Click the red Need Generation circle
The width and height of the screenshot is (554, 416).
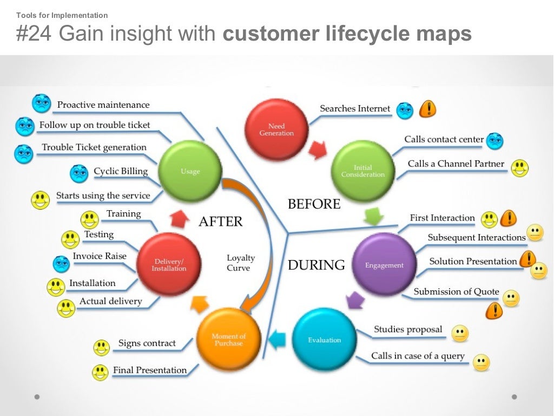(x=276, y=130)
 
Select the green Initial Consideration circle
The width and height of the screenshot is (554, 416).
(x=363, y=171)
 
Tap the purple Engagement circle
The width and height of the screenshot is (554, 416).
(x=384, y=265)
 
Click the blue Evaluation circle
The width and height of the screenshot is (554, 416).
(x=325, y=340)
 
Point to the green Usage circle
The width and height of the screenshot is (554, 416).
(x=190, y=171)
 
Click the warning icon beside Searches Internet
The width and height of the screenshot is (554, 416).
(x=428, y=109)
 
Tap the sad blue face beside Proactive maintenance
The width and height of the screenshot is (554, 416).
(x=41, y=103)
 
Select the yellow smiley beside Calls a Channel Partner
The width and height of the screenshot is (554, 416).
(x=519, y=168)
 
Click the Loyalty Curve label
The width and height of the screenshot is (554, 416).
(x=241, y=263)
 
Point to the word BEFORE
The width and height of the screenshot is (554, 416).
(x=314, y=204)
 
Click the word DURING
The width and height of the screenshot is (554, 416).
(x=316, y=265)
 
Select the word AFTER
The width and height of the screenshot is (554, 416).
(x=220, y=221)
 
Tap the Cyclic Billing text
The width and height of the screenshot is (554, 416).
(x=121, y=171)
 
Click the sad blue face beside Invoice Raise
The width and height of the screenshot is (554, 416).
(x=61, y=264)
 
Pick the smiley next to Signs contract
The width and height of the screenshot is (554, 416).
(x=101, y=347)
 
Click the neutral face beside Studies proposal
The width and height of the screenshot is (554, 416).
(x=460, y=333)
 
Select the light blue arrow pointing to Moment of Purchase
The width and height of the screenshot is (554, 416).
(x=277, y=340)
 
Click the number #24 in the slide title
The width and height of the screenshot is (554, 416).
(x=35, y=34)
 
